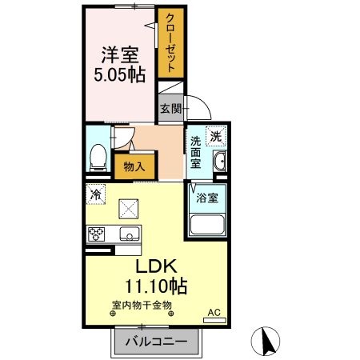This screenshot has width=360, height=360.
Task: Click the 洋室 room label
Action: click(x=119, y=57)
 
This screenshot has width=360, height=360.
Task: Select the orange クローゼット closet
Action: click(x=170, y=45)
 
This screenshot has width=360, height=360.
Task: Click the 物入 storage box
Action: click(x=134, y=167)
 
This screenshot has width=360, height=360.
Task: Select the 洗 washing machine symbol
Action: click(x=215, y=136)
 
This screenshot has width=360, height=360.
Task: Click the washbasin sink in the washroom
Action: click(x=219, y=165)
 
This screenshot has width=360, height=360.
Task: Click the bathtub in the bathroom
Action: click(x=206, y=223)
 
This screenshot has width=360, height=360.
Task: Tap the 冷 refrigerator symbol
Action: click(x=96, y=194)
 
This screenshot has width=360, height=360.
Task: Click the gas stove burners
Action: click(x=98, y=234)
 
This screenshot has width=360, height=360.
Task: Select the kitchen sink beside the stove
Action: click(x=127, y=234)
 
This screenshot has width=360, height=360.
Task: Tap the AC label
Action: click(x=214, y=311)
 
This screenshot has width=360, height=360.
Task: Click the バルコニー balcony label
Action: click(x=156, y=342)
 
